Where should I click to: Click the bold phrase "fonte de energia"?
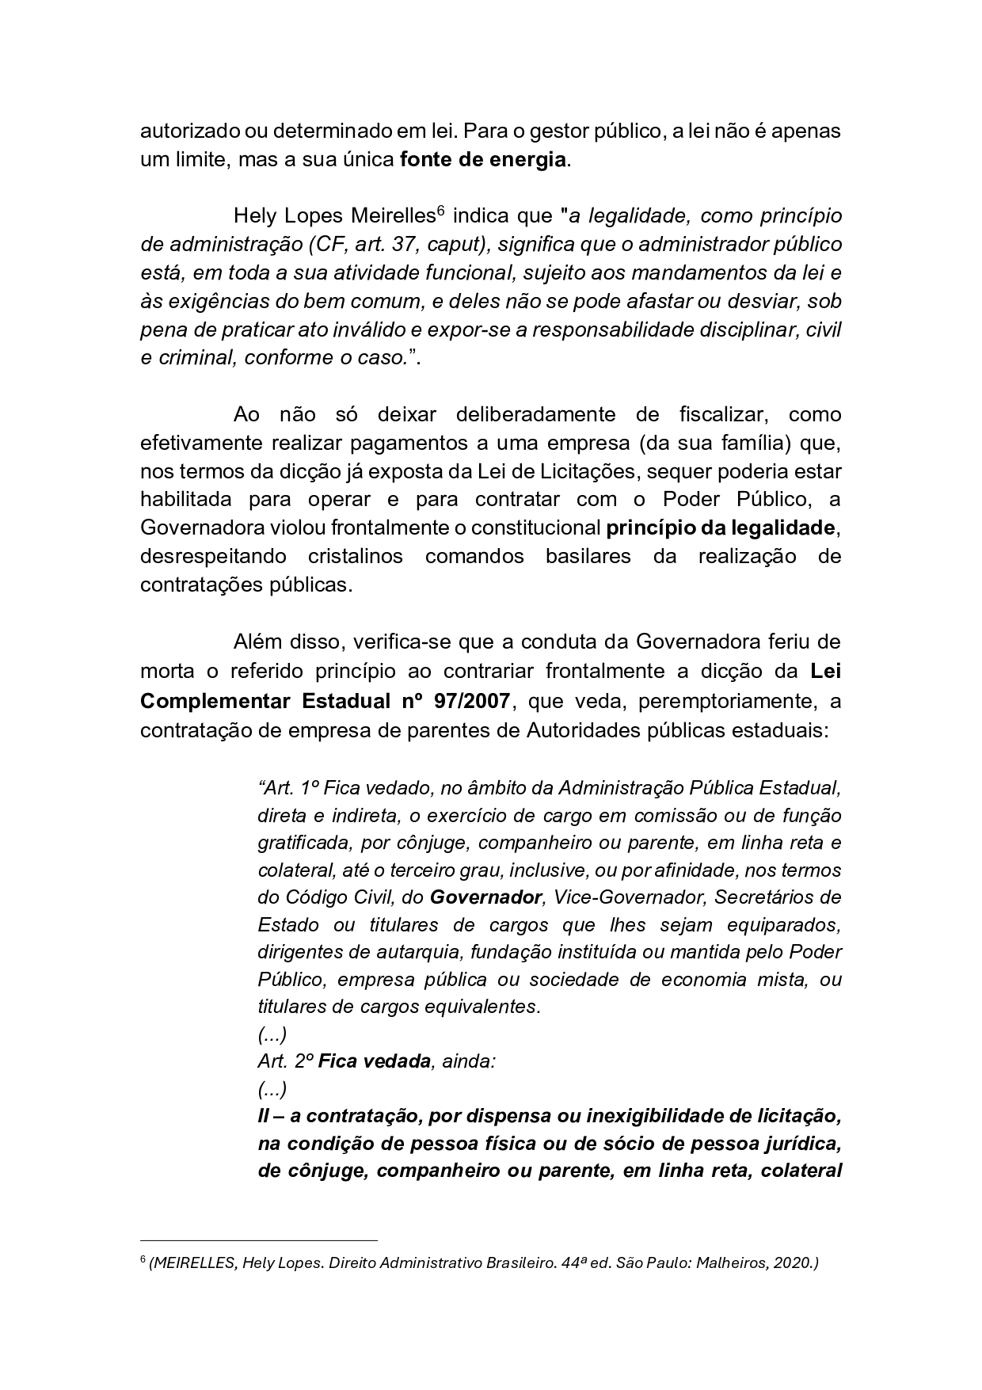(483, 159)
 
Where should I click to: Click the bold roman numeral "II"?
(264, 1116)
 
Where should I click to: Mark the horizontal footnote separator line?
(258, 1240)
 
